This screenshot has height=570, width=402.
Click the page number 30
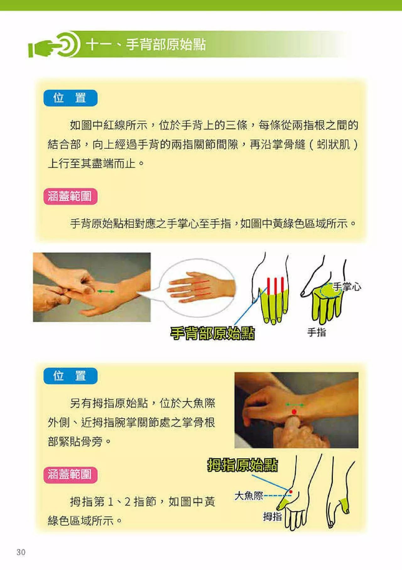tap(21, 552)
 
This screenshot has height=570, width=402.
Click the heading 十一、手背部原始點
tap(146, 45)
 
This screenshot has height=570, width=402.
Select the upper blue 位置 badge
tap(70, 98)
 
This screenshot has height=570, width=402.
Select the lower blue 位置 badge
tap(70, 376)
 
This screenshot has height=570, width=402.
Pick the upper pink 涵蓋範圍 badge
tap(70, 197)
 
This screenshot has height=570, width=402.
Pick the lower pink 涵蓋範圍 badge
tap(70, 474)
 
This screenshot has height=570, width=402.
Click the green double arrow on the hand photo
tap(106, 292)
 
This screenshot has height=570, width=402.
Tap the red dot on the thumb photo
tap(294, 411)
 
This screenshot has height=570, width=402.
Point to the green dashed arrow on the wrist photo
tap(295, 405)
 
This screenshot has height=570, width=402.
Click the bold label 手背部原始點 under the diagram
tap(212, 333)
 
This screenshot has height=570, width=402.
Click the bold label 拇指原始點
tap(242, 465)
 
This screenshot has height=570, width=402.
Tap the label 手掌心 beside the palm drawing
tap(347, 287)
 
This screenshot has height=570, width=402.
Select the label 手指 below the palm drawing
tap(317, 332)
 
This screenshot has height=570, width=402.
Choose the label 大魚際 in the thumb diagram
tap(249, 496)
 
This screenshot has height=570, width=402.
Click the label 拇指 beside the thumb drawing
tap(272, 516)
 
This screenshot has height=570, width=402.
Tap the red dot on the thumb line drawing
tap(291, 492)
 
